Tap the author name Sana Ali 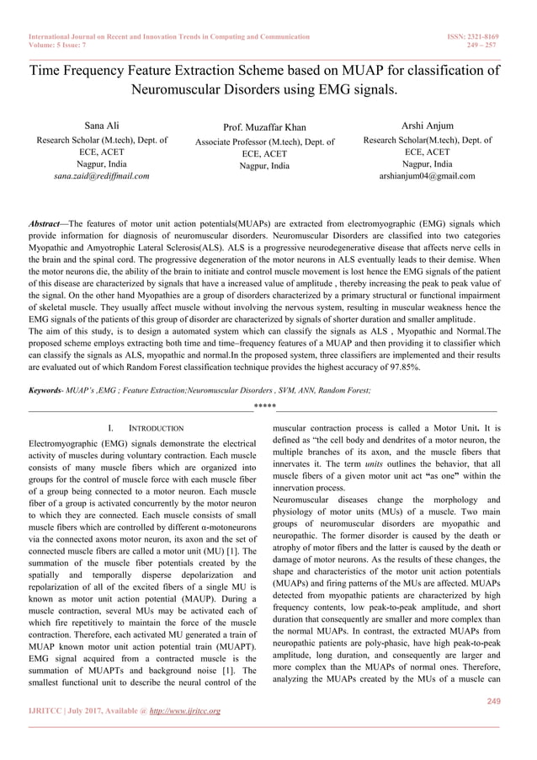(x=101, y=126)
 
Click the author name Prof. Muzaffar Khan (x=264, y=127)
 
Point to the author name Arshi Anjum (x=427, y=126)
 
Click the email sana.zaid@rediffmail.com (x=101, y=176)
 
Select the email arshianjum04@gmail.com (x=427, y=176)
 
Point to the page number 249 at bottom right (x=493, y=701)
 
